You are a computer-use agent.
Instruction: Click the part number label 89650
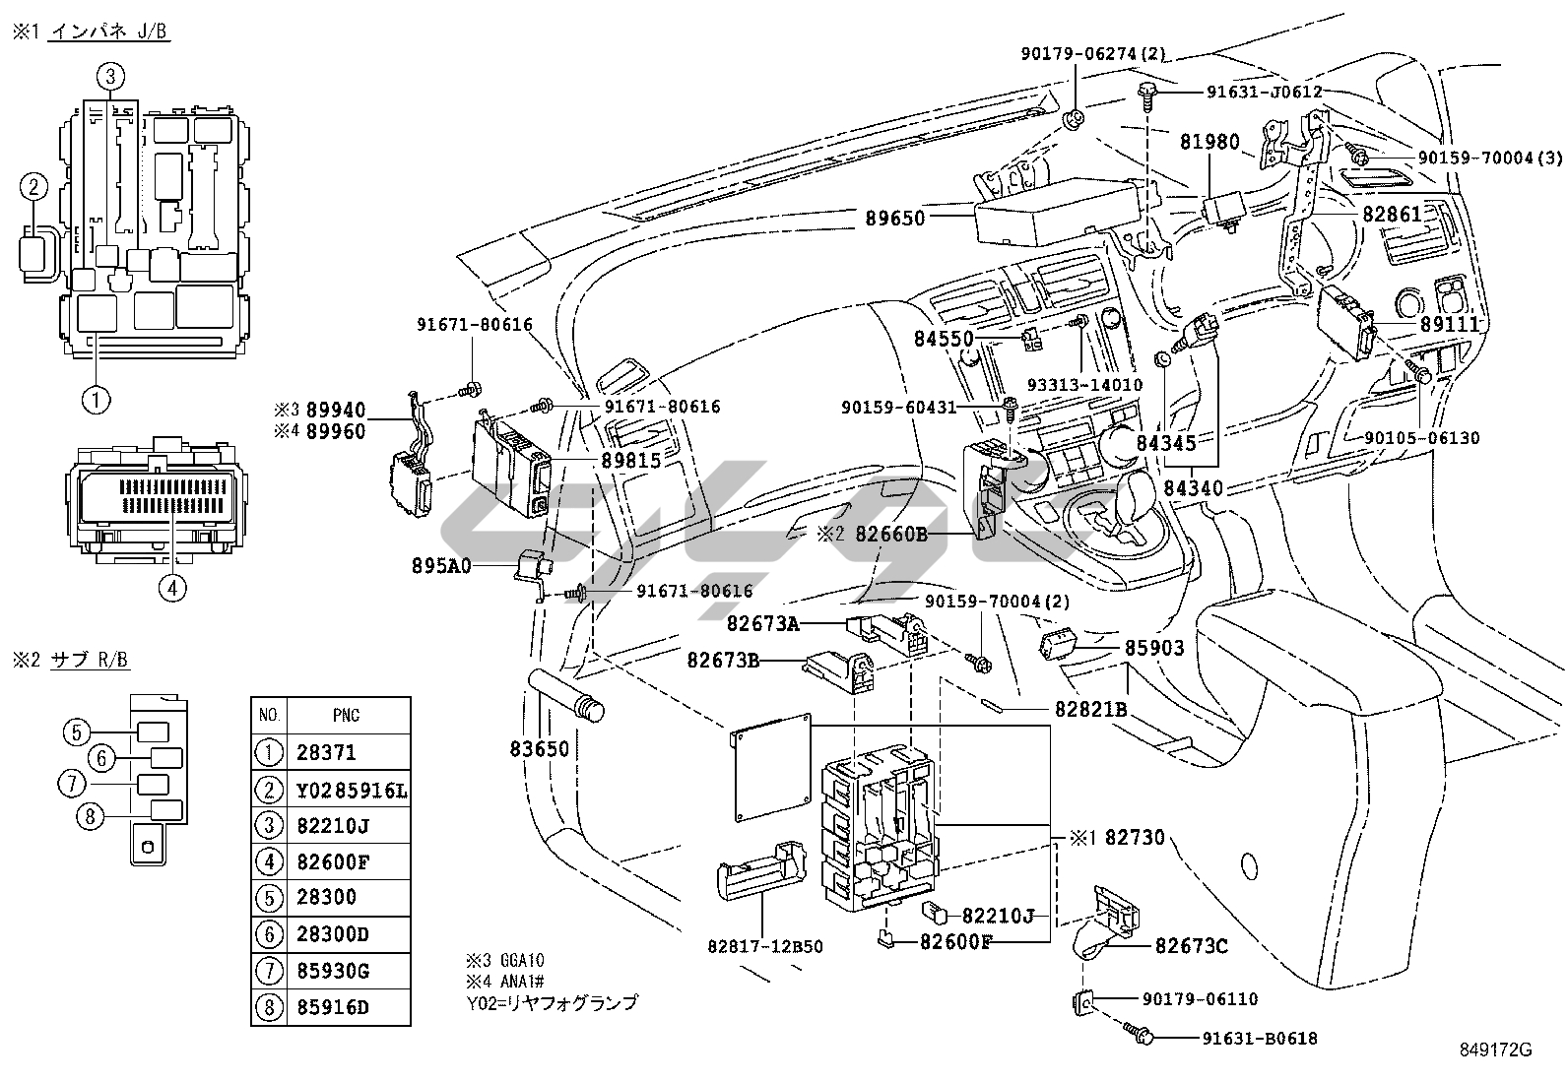point(895,218)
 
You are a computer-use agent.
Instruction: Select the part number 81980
point(1209,142)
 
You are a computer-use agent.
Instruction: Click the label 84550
point(944,340)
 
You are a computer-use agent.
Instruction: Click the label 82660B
point(891,535)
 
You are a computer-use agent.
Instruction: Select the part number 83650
point(539,749)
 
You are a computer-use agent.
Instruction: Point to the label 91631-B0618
point(1259,1038)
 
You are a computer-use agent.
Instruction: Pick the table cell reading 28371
point(326,753)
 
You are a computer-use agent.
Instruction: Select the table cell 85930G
point(333,972)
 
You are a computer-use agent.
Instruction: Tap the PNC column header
point(346,716)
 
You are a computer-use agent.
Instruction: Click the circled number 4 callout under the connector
point(171,588)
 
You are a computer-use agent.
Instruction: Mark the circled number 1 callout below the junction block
point(97,399)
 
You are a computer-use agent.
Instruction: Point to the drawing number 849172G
point(1496,1050)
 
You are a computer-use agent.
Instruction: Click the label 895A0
point(441,566)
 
